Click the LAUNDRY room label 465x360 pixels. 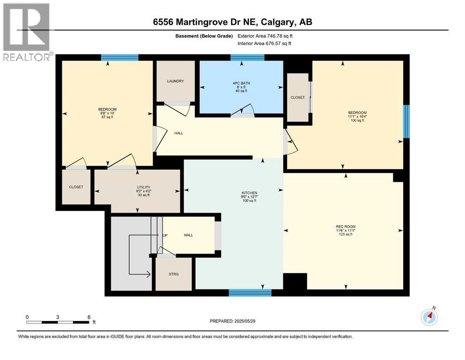(x=176, y=81)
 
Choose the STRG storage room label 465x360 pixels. (x=173, y=274)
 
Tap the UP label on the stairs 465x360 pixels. (x=165, y=235)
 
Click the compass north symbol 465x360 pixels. (x=429, y=317)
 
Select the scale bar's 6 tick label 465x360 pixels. (x=89, y=317)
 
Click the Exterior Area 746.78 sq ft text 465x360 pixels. (x=267, y=36)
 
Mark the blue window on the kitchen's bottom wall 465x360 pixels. (x=250, y=293)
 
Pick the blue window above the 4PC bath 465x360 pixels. (x=247, y=58)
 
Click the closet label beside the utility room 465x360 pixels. (x=76, y=187)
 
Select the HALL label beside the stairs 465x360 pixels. (x=188, y=235)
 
